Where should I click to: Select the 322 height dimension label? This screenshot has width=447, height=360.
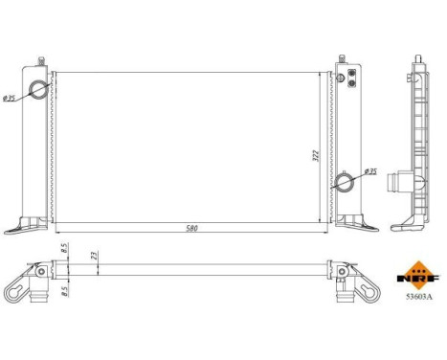[315, 155]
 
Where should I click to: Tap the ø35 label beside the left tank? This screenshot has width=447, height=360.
[8, 98]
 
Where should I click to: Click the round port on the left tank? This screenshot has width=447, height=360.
[38, 90]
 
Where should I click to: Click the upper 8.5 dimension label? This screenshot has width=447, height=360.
[63, 250]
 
